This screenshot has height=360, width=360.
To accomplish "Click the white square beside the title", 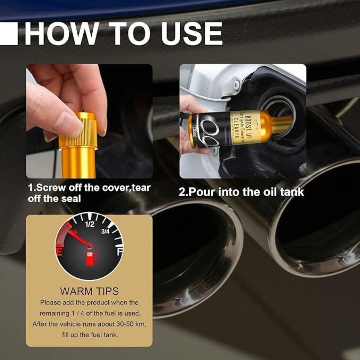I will click(x=9, y=33).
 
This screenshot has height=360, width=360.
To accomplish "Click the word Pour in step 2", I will click(x=199, y=192).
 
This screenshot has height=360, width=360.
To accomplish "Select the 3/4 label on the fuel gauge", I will click(x=105, y=232).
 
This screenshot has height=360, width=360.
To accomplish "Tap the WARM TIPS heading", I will click(x=89, y=291).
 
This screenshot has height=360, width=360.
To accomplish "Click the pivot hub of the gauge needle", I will click(x=89, y=246).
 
